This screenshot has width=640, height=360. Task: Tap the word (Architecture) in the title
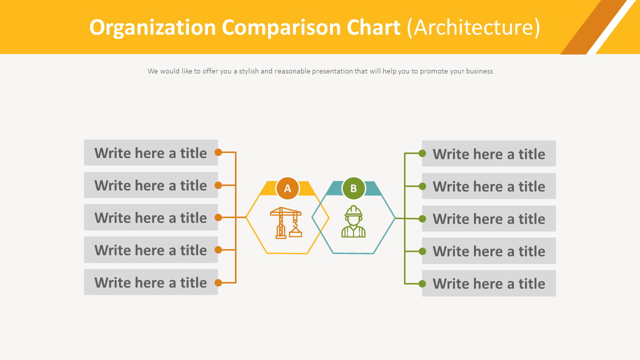coord(473,27)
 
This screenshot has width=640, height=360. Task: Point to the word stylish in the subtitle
coord(248,71)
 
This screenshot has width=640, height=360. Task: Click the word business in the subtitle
coord(479,71)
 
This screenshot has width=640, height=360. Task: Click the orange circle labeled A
coord(287,188)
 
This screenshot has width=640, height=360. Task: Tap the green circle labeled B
coord(353,188)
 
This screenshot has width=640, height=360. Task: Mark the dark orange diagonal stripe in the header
coord(592,27)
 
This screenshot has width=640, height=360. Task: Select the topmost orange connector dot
coord(218,152)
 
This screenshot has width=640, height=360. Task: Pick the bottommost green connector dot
coord(422,283)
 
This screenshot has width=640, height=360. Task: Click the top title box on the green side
coord(489,153)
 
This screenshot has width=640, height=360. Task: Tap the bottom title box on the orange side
coord(151,282)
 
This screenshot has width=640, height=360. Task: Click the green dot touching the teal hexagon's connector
coord(422,218)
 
